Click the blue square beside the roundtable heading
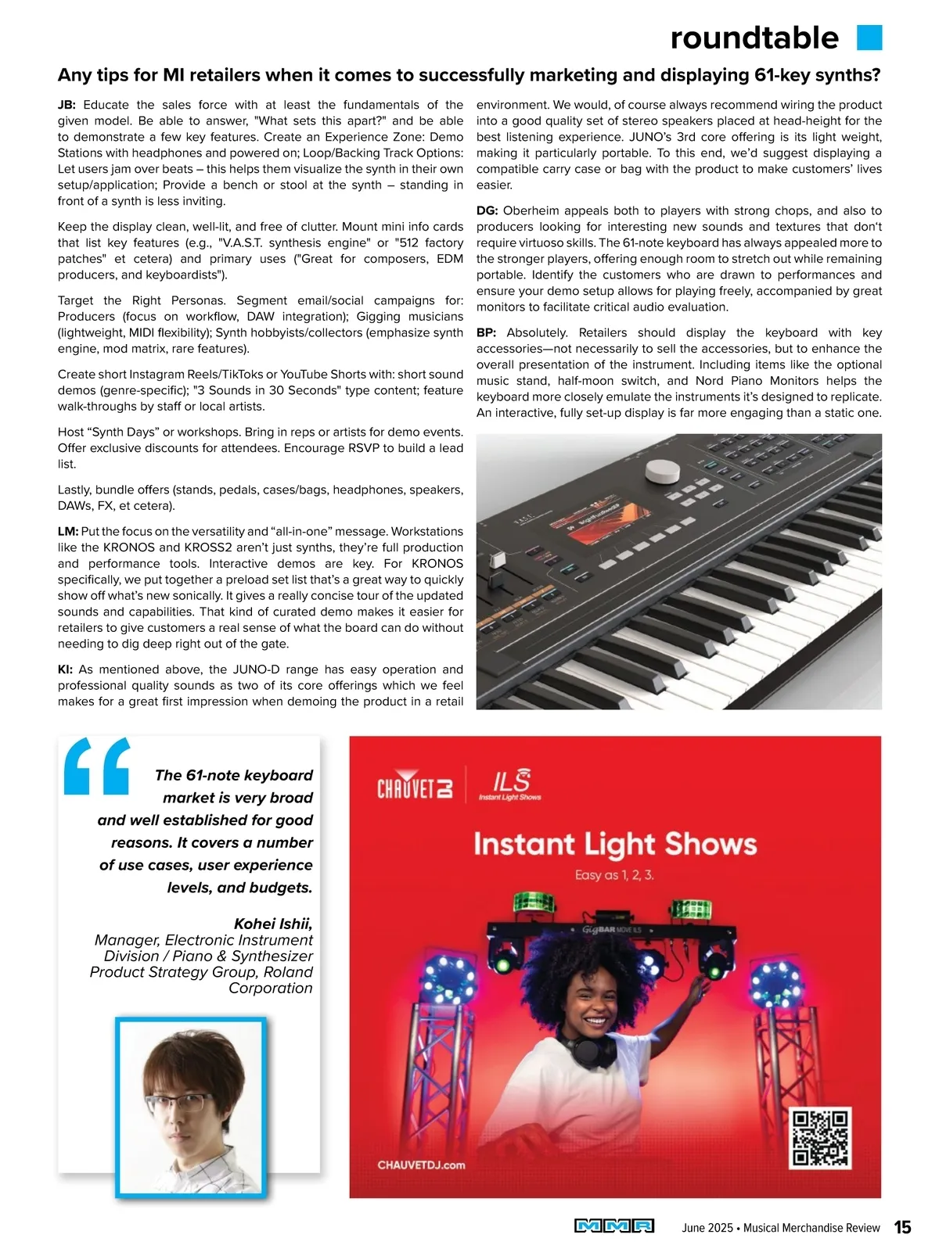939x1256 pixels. pyautogui.click(x=869, y=38)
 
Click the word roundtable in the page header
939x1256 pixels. pyautogui.click(x=754, y=38)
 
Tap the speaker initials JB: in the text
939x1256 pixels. pyautogui.click(x=67, y=105)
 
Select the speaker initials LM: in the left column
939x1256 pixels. pyautogui.click(x=68, y=532)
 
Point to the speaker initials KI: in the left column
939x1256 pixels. pyautogui.click(x=66, y=669)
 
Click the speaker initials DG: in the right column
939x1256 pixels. pyautogui.click(x=487, y=210)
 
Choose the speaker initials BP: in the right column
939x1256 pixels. pyautogui.click(x=486, y=332)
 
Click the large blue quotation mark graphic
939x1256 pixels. pyautogui.click(x=96, y=766)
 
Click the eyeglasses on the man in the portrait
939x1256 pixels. pyautogui.click(x=178, y=1103)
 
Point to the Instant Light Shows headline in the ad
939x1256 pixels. pyautogui.click(x=615, y=844)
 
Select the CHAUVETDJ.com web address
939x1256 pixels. pyautogui.click(x=421, y=1164)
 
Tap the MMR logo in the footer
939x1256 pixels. pyautogui.click(x=614, y=1226)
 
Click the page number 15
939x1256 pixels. pyautogui.click(x=902, y=1227)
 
